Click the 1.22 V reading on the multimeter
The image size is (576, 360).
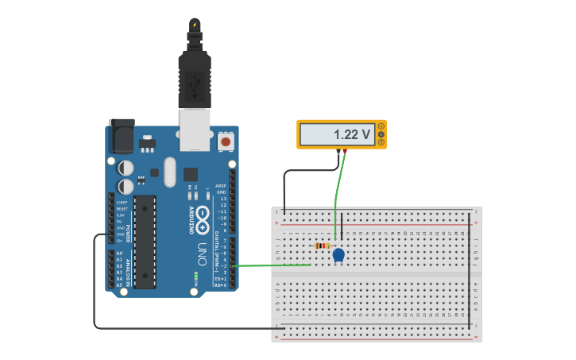[x=353, y=135]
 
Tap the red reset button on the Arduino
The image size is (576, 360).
[x=226, y=142]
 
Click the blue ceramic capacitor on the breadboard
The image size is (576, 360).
[x=338, y=255]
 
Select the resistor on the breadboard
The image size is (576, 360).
[x=322, y=246]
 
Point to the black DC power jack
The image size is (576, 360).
[x=121, y=137]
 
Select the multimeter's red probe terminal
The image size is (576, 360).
[x=345, y=151]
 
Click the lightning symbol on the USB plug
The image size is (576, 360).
[x=195, y=24]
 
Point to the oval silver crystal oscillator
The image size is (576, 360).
[x=169, y=172]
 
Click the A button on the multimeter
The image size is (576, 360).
[x=381, y=126]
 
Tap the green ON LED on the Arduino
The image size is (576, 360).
[x=195, y=276]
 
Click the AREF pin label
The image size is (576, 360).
[x=221, y=185]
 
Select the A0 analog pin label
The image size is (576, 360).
[x=119, y=253]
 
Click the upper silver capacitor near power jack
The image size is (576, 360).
[x=126, y=168]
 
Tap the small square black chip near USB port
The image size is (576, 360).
[x=191, y=174]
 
